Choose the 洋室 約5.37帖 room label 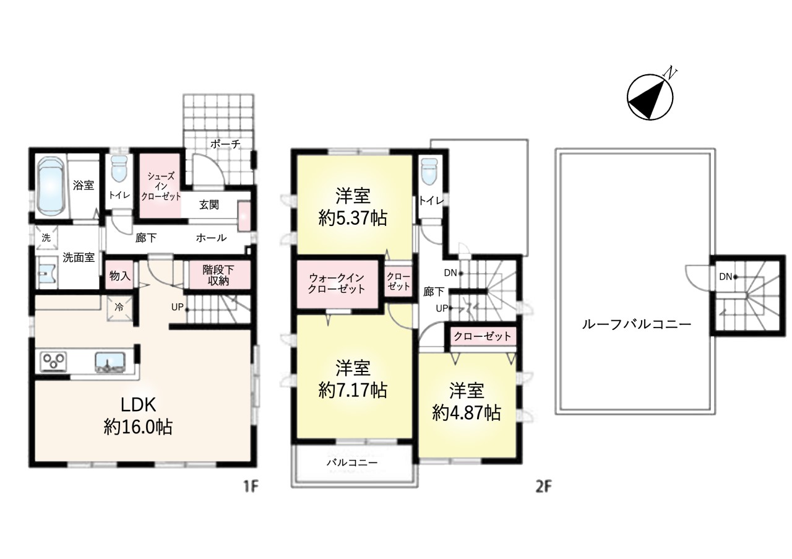(x=353, y=208)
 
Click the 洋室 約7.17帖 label (x=353, y=379)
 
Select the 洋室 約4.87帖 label (x=466, y=402)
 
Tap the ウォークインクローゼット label (x=337, y=284)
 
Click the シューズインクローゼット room (x=160, y=186)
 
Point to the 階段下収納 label (x=218, y=275)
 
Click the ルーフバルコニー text (x=635, y=324)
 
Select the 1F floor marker (x=249, y=487)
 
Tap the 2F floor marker (x=543, y=487)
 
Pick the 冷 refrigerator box (x=119, y=306)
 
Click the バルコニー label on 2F (x=352, y=462)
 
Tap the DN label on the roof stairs (x=725, y=277)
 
